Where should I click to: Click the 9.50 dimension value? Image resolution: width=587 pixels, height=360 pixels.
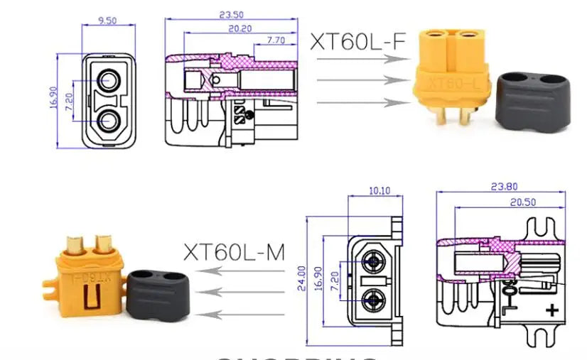pos(107,21)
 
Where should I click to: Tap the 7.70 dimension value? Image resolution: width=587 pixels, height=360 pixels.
pos(275,40)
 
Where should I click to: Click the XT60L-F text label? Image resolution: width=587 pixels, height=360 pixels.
pos(357,42)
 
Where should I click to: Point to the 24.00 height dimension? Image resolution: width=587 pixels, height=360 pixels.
pos(301,273)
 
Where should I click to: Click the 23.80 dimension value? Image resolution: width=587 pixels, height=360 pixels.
pos(504,187)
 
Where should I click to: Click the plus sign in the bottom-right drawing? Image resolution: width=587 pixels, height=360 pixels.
pos(550,310)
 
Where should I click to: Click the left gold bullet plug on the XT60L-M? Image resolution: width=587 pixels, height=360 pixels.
pos(75,246)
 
